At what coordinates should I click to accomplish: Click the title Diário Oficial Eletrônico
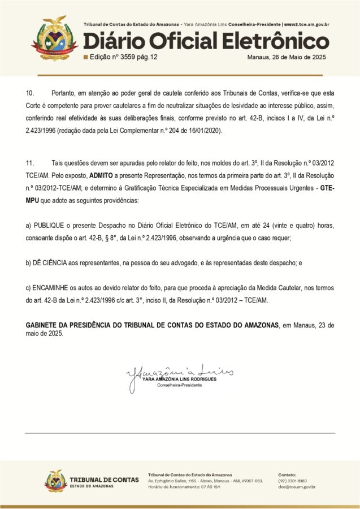tap(206, 41)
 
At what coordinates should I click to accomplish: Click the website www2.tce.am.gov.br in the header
tap(306, 25)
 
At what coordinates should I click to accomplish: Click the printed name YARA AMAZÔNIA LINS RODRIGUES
tap(180, 379)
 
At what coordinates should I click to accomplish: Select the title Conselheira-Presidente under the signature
tap(180, 385)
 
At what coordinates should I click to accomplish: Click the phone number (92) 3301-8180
tap(292, 481)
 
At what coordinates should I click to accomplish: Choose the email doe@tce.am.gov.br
tap(297, 487)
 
